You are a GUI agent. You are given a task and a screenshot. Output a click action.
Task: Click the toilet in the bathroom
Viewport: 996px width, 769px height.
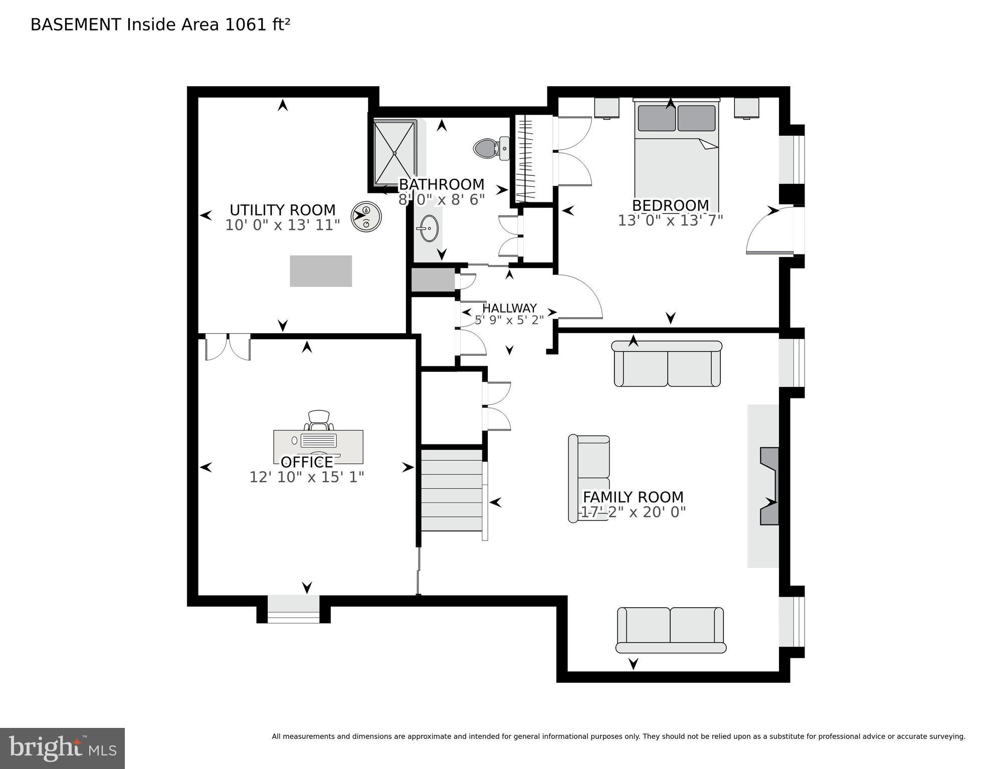pyautogui.click(x=490, y=148)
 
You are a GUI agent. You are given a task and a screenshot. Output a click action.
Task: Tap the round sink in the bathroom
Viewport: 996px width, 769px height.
pyautogui.click(x=428, y=228)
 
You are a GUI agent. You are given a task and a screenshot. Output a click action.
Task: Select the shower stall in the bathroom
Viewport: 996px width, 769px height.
pyautogui.click(x=395, y=153)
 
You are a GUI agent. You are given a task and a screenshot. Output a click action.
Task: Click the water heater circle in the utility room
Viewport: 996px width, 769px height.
pyautogui.click(x=366, y=216)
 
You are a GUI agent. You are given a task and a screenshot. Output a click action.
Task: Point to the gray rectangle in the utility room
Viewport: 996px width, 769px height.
pyautogui.click(x=321, y=271)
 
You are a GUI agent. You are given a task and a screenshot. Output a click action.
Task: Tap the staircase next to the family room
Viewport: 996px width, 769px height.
pyautogui.click(x=451, y=490)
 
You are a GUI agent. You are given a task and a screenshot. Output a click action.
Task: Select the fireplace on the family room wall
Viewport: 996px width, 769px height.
pyautogui.click(x=769, y=486)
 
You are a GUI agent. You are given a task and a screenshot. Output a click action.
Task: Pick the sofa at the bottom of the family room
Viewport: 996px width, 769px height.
pyautogui.click(x=670, y=630)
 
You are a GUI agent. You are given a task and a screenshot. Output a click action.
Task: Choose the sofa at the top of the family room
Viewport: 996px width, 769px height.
pyautogui.click(x=667, y=364)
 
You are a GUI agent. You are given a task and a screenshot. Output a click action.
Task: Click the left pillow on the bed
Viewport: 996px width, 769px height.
pyautogui.click(x=657, y=118)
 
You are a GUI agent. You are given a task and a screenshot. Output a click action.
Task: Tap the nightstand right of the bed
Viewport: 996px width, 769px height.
pyautogui.click(x=746, y=108)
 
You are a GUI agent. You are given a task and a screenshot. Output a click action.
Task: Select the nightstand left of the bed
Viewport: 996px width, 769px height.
pyautogui.click(x=607, y=108)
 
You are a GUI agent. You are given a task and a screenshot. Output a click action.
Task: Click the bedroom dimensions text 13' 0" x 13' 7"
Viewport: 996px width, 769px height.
pyautogui.click(x=670, y=220)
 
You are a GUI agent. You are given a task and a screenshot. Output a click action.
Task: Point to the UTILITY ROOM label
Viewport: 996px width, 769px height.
pyautogui.click(x=282, y=210)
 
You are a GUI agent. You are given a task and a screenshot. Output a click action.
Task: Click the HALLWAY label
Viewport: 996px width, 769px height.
pyautogui.click(x=509, y=308)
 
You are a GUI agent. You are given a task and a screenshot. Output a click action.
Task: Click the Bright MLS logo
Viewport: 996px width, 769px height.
pyautogui.click(x=62, y=748)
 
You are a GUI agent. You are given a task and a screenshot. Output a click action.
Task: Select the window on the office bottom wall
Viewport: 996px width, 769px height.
pyautogui.click(x=293, y=609)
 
